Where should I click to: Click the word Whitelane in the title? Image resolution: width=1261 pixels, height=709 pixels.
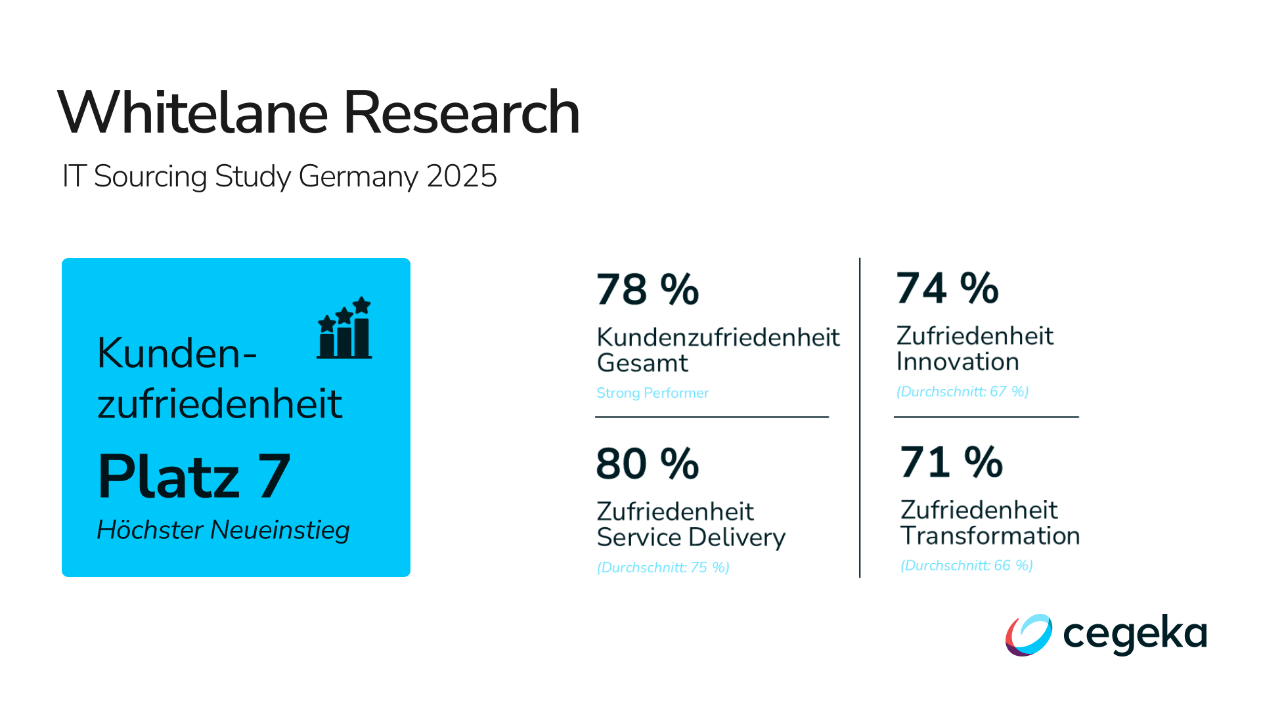(x=192, y=113)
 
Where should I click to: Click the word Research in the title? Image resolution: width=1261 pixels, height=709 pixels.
(x=461, y=113)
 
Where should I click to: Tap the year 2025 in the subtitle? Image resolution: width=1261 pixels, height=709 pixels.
(x=461, y=176)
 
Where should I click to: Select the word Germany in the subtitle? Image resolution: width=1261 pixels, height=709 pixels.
(x=358, y=177)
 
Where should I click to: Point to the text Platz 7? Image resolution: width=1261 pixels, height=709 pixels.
(x=194, y=477)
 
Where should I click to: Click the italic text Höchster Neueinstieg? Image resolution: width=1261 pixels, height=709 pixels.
(x=223, y=530)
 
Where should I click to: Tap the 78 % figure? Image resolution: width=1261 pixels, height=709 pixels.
(x=648, y=290)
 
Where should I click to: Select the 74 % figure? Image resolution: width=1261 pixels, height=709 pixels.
(x=947, y=288)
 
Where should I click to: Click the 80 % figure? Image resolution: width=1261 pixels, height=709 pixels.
(x=648, y=463)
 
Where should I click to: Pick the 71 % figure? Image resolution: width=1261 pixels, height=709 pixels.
(x=951, y=462)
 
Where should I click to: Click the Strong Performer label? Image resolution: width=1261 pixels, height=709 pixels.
(x=652, y=393)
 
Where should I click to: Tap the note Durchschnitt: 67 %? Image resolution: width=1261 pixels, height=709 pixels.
(x=962, y=391)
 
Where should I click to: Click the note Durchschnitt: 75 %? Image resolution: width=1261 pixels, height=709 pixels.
(x=663, y=567)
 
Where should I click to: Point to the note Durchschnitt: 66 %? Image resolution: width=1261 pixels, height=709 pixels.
(x=966, y=565)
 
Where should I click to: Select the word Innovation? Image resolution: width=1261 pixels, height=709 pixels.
(x=958, y=362)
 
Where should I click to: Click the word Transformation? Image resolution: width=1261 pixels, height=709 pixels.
(x=990, y=536)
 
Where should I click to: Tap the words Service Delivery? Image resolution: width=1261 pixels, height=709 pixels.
(x=691, y=538)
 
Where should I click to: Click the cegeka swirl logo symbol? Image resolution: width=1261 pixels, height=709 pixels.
(x=1029, y=635)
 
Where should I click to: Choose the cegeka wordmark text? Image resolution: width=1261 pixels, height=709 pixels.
(x=1135, y=634)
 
